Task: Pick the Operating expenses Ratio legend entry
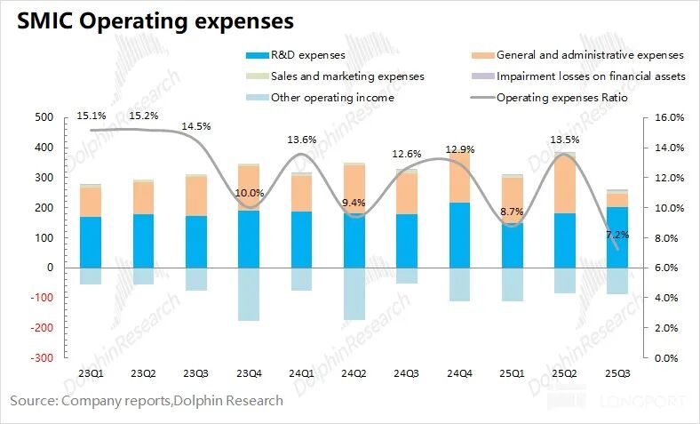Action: (x=561, y=98)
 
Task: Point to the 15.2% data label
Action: (x=145, y=116)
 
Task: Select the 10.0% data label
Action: (x=249, y=194)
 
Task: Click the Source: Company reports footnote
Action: (x=147, y=401)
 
